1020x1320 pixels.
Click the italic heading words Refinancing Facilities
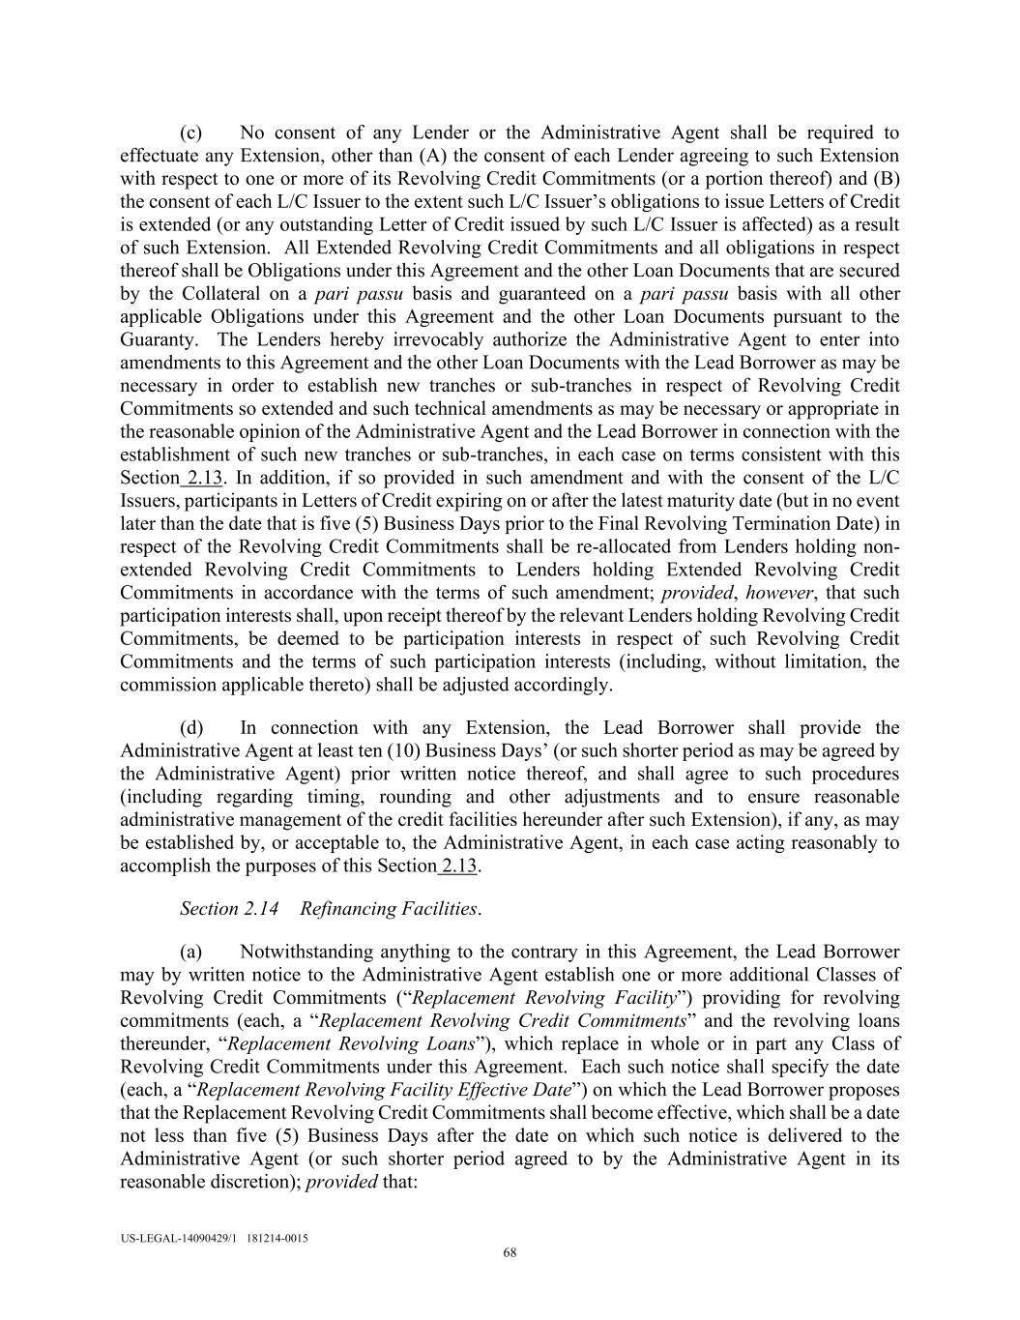389,909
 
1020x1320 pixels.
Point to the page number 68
510,1254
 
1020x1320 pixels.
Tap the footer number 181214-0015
277,1238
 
